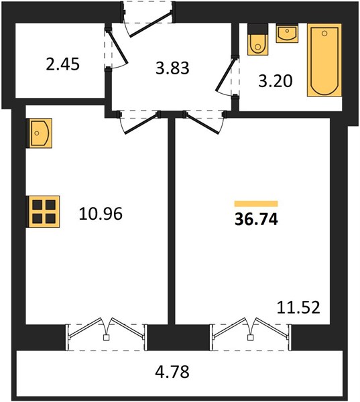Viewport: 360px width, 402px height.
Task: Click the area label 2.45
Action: pyautogui.click(x=63, y=64)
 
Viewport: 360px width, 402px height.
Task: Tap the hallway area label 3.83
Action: pyautogui.click(x=172, y=68)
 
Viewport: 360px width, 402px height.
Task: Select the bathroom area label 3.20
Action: pyautogui.click(x=276, y=81)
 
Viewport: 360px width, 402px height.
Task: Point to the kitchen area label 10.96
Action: pyautogui.click(x=101, y=214)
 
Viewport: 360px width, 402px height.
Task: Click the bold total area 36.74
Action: pyautogui.click(x=256, y=220)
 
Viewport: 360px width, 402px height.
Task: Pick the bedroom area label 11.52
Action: pyautogui.click(x=298, y=308)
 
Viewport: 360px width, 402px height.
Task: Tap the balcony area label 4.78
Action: pyautogui.click(x=172, y=371)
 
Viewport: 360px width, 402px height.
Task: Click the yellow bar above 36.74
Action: pyautogui.click(x=256, y=204)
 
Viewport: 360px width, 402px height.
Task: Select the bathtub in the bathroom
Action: pyautogui.click(x=324, y=60)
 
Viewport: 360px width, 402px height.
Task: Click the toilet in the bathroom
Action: pyautogui.click(x=257, y=40)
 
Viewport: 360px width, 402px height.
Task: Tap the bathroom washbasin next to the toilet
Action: pyautogui.click(x=287, y=33)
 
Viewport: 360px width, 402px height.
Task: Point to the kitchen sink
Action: pyautogui.click(x=40, y=133)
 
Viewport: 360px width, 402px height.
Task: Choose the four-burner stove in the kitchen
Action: pyautogui.click(x=44, y=212)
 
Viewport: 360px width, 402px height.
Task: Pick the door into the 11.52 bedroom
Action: pyautogui.click(x=204, y=122)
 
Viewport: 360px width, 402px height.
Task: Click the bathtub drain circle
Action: pyautogui.click(x=324, y=33)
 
